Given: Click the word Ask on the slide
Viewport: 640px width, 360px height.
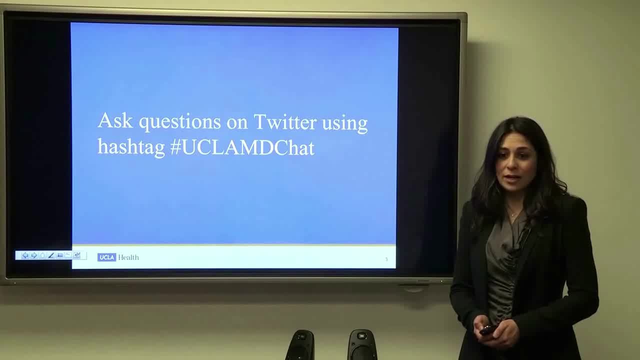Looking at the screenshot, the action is (x=115, y=120).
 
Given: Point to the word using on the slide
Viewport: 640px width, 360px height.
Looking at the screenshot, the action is (x=344, y=124).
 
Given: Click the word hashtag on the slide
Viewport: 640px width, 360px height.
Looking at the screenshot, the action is (x=131, y=147).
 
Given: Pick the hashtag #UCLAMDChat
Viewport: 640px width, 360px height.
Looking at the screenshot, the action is (x=242, y=147).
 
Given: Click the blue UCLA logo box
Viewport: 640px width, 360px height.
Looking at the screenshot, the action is (x=106, y=257).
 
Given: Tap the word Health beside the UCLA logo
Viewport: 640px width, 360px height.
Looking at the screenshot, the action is (x=128, y=257).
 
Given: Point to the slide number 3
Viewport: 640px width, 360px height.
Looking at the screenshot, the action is (x=386, y=259).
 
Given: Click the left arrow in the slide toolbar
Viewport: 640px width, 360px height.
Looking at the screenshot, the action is (x=25, y=255).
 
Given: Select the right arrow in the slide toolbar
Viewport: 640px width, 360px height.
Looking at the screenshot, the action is (x=34, y=255).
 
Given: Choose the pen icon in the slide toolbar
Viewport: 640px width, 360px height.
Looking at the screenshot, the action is (x=51, y=255).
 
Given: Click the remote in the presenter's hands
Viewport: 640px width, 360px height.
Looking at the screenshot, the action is (x=488, y=329).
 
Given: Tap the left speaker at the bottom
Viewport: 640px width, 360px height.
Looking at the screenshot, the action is (x=300, y=345).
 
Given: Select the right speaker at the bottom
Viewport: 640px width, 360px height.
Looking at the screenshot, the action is (x=362, y=345).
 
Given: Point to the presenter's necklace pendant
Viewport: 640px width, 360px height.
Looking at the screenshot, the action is (x=513, y=215).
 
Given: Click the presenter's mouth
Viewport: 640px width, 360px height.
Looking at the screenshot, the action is (x=512, y=179).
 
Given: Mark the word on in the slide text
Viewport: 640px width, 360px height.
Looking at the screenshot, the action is (x=237, y=123).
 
